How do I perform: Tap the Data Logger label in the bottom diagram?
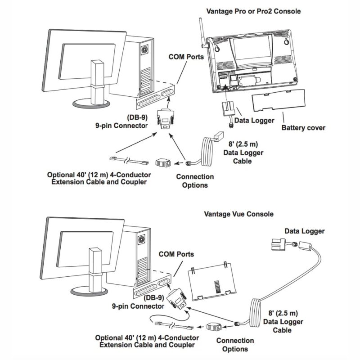(304, 231)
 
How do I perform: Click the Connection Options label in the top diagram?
(195, 181)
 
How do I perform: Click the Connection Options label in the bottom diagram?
(235, 345)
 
